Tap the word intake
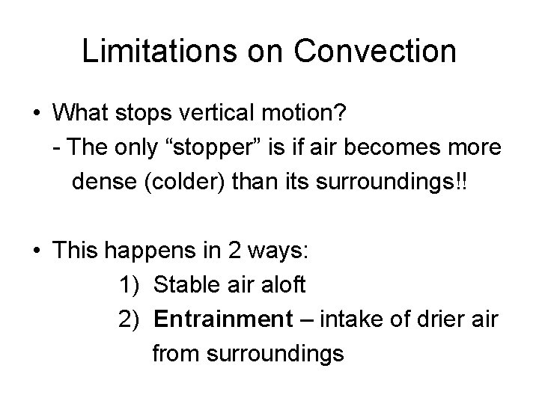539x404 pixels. [x=350, y=319]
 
